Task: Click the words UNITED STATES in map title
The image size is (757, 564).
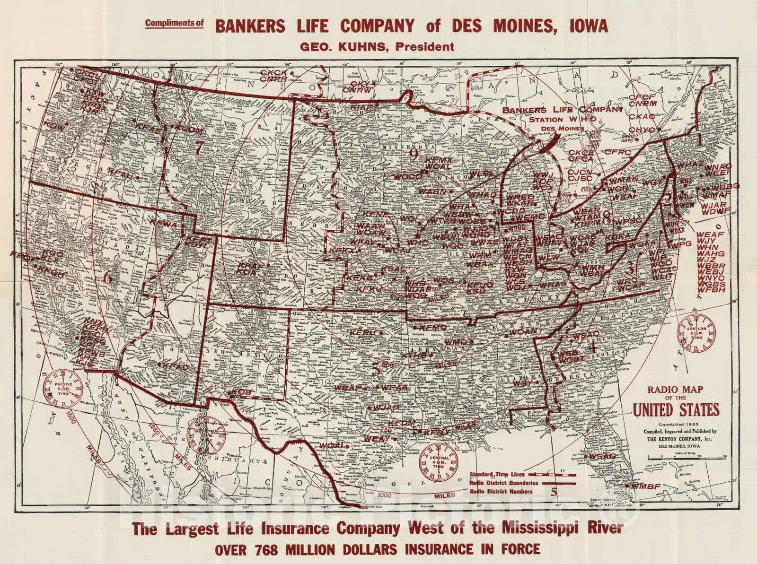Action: point(676,409)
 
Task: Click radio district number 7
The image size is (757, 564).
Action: point(199,148)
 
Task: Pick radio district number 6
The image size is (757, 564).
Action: point(107,278)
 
